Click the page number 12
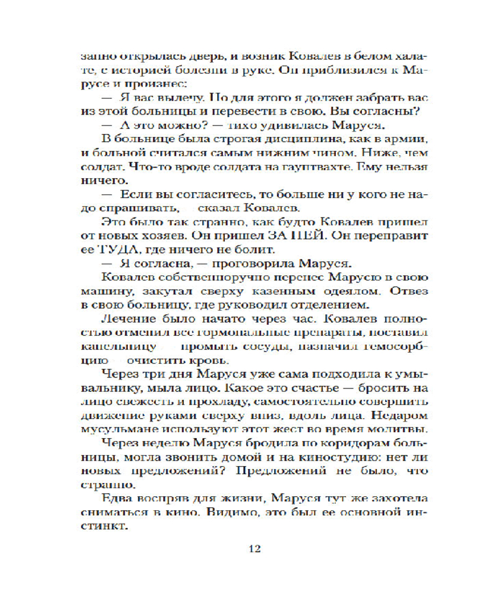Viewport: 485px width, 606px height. point(255,550)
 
